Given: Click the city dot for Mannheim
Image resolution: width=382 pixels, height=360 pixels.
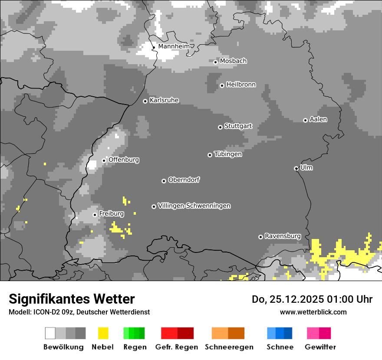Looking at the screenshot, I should (x=154, y=47).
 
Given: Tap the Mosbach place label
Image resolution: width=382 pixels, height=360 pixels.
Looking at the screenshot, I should (x=233, y=61).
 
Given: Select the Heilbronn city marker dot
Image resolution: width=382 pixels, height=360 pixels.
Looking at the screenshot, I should (x=222, y=85).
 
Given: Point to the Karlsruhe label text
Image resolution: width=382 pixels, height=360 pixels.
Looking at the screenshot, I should (x=164, y=100).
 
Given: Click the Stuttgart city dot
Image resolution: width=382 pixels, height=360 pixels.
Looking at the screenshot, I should (x=220, y=127).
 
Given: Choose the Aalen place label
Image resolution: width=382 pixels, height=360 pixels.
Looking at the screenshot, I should (x=318, y=119).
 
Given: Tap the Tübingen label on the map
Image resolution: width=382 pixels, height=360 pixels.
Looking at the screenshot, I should (x=228, y=154).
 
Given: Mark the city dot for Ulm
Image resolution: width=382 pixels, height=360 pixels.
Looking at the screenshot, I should (x=296, y=168).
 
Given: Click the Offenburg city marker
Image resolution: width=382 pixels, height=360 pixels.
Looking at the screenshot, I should (x=104, y=160).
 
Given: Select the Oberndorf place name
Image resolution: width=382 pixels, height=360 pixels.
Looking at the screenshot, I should (x=184, y=180).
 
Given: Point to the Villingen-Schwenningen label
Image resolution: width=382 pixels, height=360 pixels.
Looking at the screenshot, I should (x=194, y=206).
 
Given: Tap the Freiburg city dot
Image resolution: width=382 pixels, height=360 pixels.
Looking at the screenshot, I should (x=95, y=215).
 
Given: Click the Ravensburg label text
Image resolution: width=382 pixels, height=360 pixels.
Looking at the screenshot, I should (x=283, y=236).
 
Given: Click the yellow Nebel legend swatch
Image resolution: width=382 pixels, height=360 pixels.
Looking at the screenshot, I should (x=103, y=333).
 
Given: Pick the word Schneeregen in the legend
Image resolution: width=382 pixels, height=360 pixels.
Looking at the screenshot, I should (x=229, y=347).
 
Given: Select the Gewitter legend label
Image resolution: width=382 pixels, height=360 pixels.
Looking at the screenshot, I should (x=320, y=347).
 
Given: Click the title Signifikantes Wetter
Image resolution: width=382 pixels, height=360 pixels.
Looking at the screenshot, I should (x=72, y=299).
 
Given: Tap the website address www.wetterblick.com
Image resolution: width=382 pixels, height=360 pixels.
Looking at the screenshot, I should (x=313, y=312).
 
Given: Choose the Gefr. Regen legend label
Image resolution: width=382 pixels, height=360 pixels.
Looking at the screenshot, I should (x=177, y=347).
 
